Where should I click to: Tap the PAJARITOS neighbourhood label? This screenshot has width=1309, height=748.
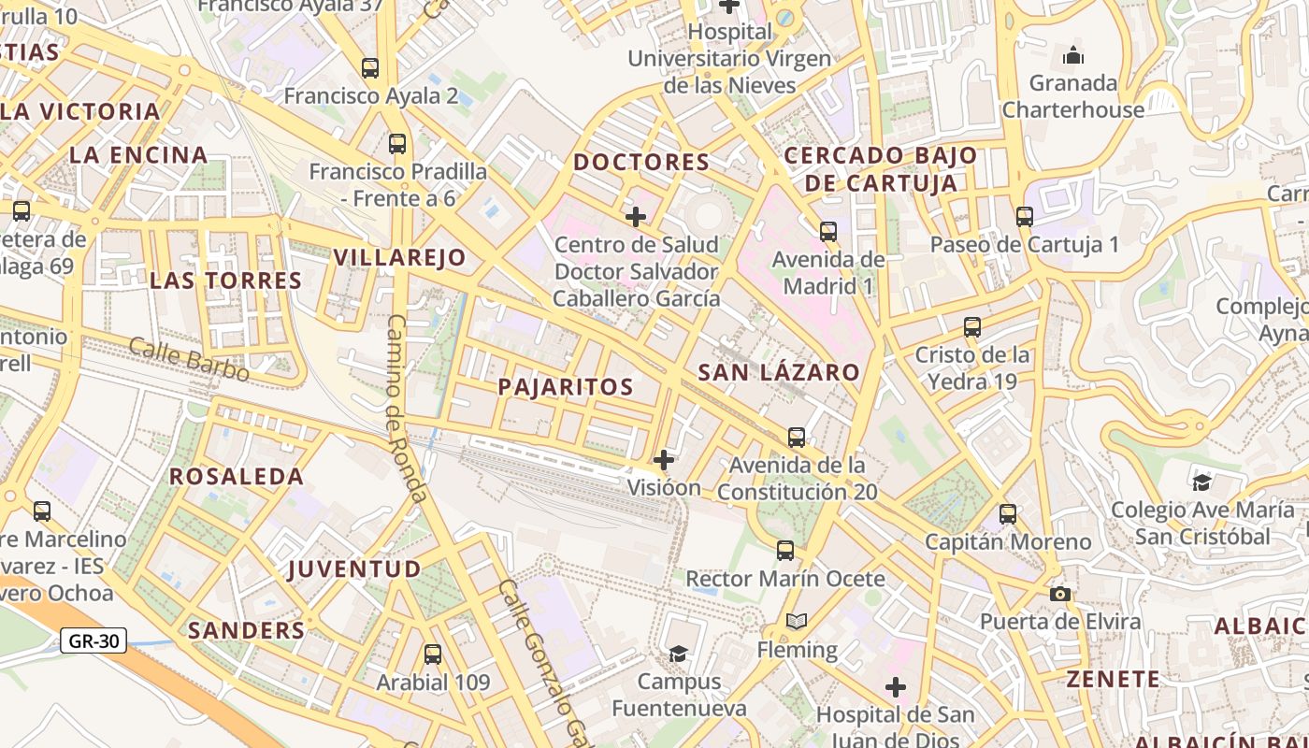pyautogui.click(x=566, y=386)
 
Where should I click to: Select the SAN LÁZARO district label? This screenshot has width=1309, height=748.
pyautogui.click(x=779, y=372)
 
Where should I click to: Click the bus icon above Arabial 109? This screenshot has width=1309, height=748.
pyautogui.click(x=432, y=654)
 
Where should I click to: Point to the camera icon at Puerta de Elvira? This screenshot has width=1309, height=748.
pyautogui.click(x=1059, y=595)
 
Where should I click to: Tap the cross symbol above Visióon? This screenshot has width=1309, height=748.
pyautogui.click(x=664, y=460)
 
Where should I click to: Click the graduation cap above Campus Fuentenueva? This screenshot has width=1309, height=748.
pyautogui.click(x=678, y=653)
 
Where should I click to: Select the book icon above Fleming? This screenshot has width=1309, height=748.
pyautogui.click(x=797, y=622)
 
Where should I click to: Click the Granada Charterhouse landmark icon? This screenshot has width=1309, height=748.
pyautogui.click(x=1073, y=55)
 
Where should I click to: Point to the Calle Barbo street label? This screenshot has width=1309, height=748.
pyautogui.click(x=189, y=360)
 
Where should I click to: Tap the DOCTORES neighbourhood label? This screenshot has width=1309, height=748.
pyautogui.click(x=641, y=162)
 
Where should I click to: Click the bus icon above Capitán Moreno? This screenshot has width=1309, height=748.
pyautogui.click(x=1007, y=513)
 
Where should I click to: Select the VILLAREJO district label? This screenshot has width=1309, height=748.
pyautogui.click(x=400, y=257)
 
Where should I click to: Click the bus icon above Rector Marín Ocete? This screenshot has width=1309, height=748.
pyautogui.click(x=785, y=551)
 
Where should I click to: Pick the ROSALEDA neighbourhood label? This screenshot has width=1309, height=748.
pyautogui.click(x=237, y=476)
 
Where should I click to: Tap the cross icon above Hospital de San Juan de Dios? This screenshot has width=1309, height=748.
pyautogui.click(x=896, y=688)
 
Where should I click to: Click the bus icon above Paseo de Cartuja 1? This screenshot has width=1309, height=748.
pyautogui.click(x=1024, y=217)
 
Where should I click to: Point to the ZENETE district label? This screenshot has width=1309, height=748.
pyautogui.click(x=1114, y=678)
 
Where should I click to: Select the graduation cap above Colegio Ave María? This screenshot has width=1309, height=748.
pyautogui.click(x=1201, y=482)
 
